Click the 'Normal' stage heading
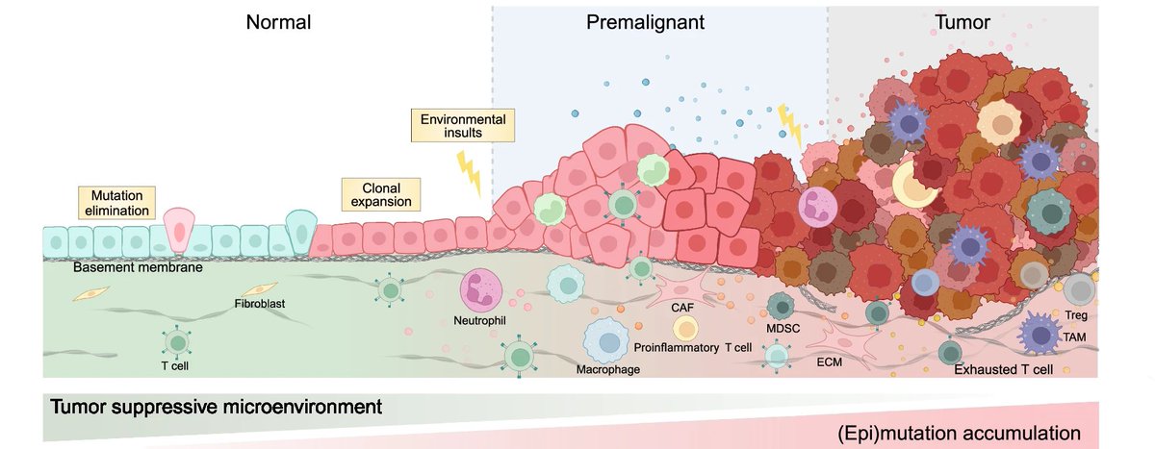point(278,22)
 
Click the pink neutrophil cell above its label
point(482,289)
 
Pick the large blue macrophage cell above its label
point(606,340)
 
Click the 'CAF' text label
point(682,307)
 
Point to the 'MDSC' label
point(784,328)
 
